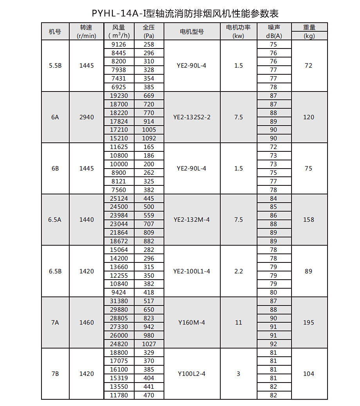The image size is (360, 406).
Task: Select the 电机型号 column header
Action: pyautogui.click(x=192, y=32)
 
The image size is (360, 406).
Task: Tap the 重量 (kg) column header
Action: pyautogui.click(x=309, y=32)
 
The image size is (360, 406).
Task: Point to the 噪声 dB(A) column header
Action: pyautogui.click(x=274, y=32)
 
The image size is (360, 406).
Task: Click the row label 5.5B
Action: pyautogui.click(x=55, y=66)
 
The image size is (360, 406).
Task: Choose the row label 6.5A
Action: pyautogui.click(x=55, y=220)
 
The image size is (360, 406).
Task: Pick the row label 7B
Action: pyautogui.click(x=55, y=374)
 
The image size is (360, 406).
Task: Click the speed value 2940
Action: pyautogui.click(x=86, y=117)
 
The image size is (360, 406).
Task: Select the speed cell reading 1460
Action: pyautogui.click(x=86, y=323)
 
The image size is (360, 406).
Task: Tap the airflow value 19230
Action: pyautogui.click(x=119, y=95)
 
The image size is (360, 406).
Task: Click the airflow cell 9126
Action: pyautogui.click(x=119, y=44)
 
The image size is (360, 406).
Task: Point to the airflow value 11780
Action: pyautogui.click(x=119, y=395)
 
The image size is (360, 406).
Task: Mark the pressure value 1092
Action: pyautogui.click(x=149, y=138)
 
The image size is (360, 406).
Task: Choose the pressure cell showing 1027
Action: pyautogui.click(x=149, y=344)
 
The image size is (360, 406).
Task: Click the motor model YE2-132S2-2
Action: pyautogui.click(x=192, y=117)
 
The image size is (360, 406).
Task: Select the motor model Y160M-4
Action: pyautogui.click(x=192, y=323)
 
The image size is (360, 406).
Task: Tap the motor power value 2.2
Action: pyautogui.click(x=239, y=271)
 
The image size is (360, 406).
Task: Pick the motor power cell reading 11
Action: pyautogui.click(x=239, y=323)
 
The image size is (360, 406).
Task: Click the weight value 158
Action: pyautogui.click(x=309, y=220)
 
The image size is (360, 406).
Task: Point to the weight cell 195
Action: pyautogui.click(x=309, y=323)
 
